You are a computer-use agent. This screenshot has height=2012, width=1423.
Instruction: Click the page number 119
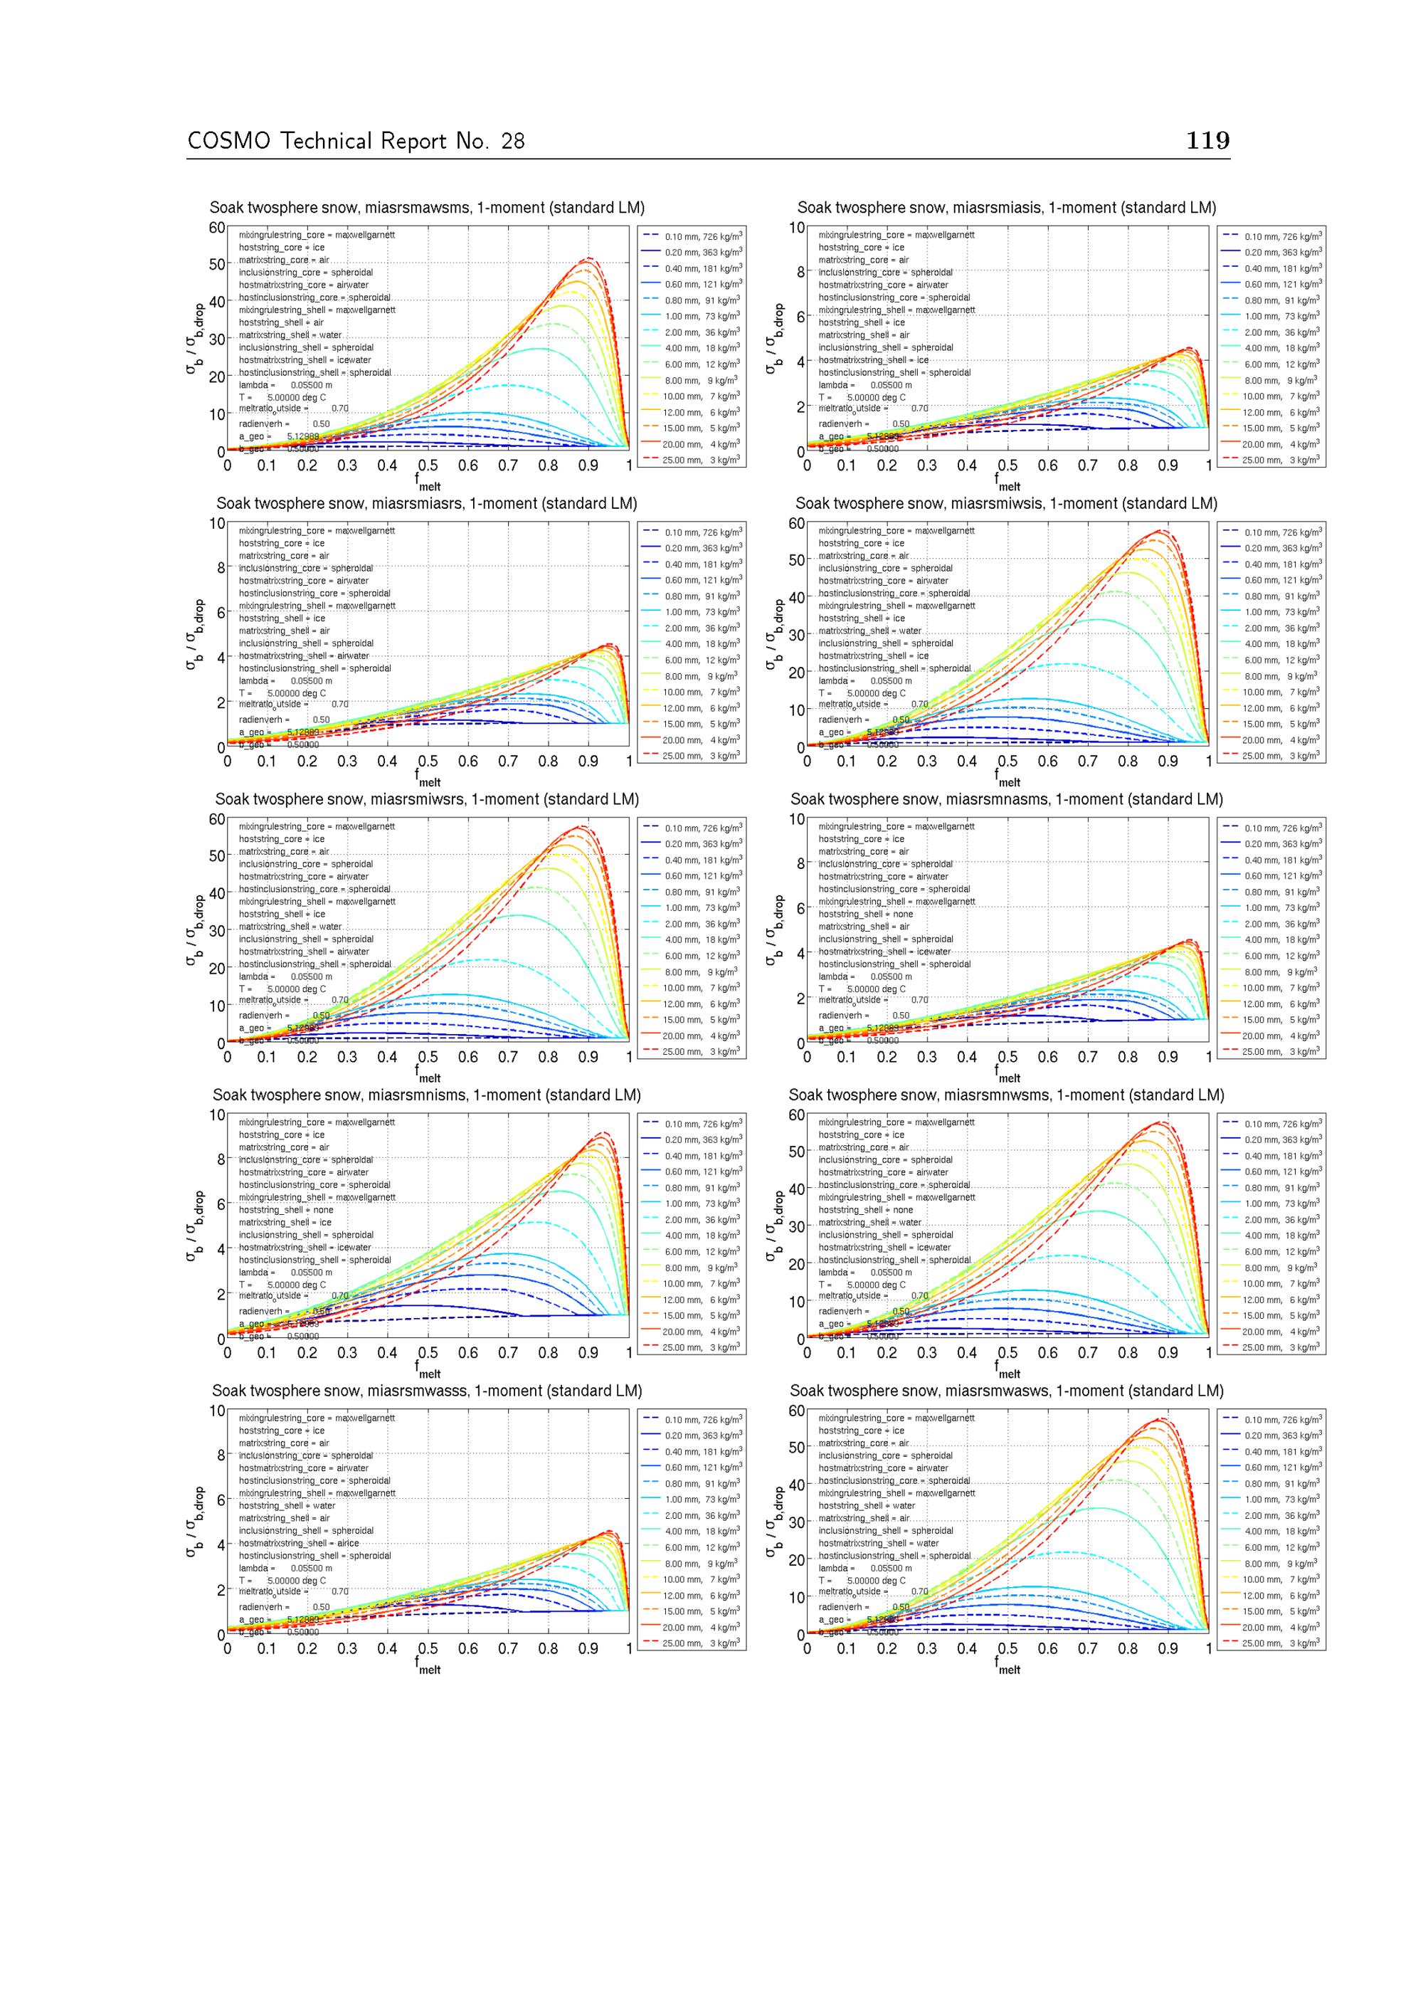[x=1207, y=140]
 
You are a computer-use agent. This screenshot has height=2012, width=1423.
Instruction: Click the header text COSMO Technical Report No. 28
[x=356, y=141]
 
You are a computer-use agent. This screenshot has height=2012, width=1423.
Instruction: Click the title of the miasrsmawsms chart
[x=427, y=208]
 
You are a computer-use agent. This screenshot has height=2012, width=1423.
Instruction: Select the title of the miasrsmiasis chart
[x=1007, y=208]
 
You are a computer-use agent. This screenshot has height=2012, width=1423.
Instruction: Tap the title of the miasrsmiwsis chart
[x=1007, y=504]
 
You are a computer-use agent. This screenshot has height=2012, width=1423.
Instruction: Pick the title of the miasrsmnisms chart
[x=427, y=1095]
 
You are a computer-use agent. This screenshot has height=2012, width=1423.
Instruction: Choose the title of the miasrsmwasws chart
[x=1007, y=1391]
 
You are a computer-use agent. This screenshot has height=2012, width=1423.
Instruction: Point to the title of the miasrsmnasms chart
[x=1007, y=799]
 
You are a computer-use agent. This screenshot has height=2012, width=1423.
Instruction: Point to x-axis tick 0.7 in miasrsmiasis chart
[x=1087, y=466]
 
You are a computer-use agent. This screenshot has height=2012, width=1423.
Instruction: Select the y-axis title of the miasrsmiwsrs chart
[x=194, y=931]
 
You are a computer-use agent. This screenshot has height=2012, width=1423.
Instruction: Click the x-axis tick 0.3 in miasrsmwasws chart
[x=927, y=1648]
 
